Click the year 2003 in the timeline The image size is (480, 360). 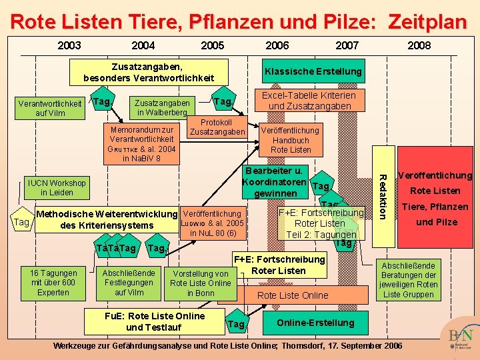coord(69,46)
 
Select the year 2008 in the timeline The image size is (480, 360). coord(419,46)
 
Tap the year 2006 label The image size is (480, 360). coord(277,46)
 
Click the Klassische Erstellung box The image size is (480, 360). coord(313,71)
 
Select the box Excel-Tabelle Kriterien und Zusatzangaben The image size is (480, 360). coord(309,101)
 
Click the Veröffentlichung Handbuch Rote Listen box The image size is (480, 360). coord(291,140)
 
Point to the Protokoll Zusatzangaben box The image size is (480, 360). coord(217,127)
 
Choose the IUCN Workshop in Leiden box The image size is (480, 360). coord(57,187)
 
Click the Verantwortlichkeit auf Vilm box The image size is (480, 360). coord(50,108)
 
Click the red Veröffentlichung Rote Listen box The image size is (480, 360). coord(435,199)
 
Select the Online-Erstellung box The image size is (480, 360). coord(316,323)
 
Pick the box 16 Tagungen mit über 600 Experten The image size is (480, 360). coord(53,283)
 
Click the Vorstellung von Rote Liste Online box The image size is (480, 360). coord(201,283)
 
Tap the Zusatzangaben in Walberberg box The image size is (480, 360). coord(163,107)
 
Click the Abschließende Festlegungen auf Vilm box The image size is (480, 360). coord(129,283)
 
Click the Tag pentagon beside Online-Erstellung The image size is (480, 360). coord(236,323)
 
